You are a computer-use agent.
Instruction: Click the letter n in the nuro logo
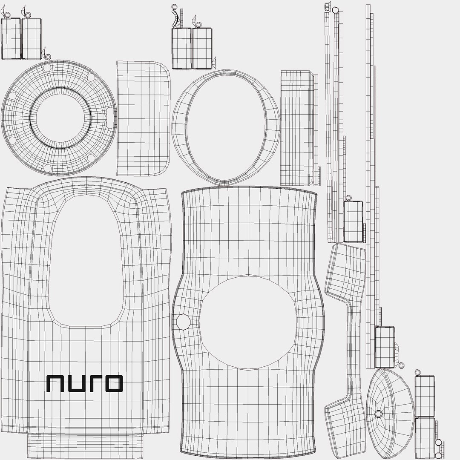pos(55,384)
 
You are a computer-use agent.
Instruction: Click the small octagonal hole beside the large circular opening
pos(184,322)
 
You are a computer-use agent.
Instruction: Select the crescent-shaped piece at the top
pos(175,19)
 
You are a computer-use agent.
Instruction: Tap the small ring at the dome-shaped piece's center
pos(378,414)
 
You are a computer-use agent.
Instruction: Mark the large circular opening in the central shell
pos(248,322)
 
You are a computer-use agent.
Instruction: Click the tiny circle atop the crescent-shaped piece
pos(174,7)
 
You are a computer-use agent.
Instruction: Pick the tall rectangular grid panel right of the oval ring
pos(297,128)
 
